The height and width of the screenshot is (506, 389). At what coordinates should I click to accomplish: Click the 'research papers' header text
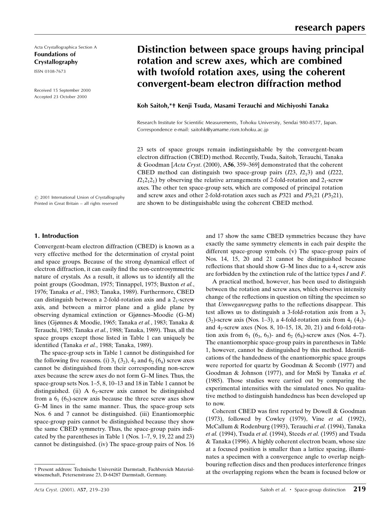(x=330, y=28)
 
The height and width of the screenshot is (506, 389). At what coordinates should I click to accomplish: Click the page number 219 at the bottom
(x=359, y=489)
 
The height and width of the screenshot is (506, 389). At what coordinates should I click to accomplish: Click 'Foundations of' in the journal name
(x=55, y=54)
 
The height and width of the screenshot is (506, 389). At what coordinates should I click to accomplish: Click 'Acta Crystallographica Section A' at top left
(x=65, y=47)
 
